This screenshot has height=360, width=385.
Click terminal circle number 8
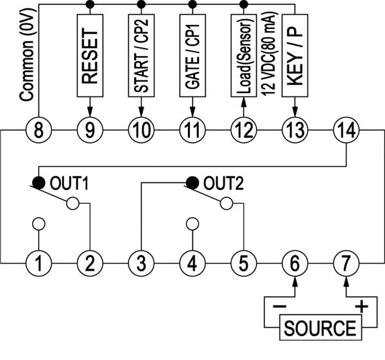tap(38, 130)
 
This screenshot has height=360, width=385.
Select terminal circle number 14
tap(346, 130)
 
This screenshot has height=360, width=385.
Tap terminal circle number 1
tap(38, 262)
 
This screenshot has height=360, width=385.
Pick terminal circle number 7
tap(346, 262)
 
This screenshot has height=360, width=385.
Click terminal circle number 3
tap(141, 262)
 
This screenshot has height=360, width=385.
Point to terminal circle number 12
tap(244, 130)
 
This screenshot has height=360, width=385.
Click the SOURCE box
tap(319, 328)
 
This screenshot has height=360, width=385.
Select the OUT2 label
tap(222, 183)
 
